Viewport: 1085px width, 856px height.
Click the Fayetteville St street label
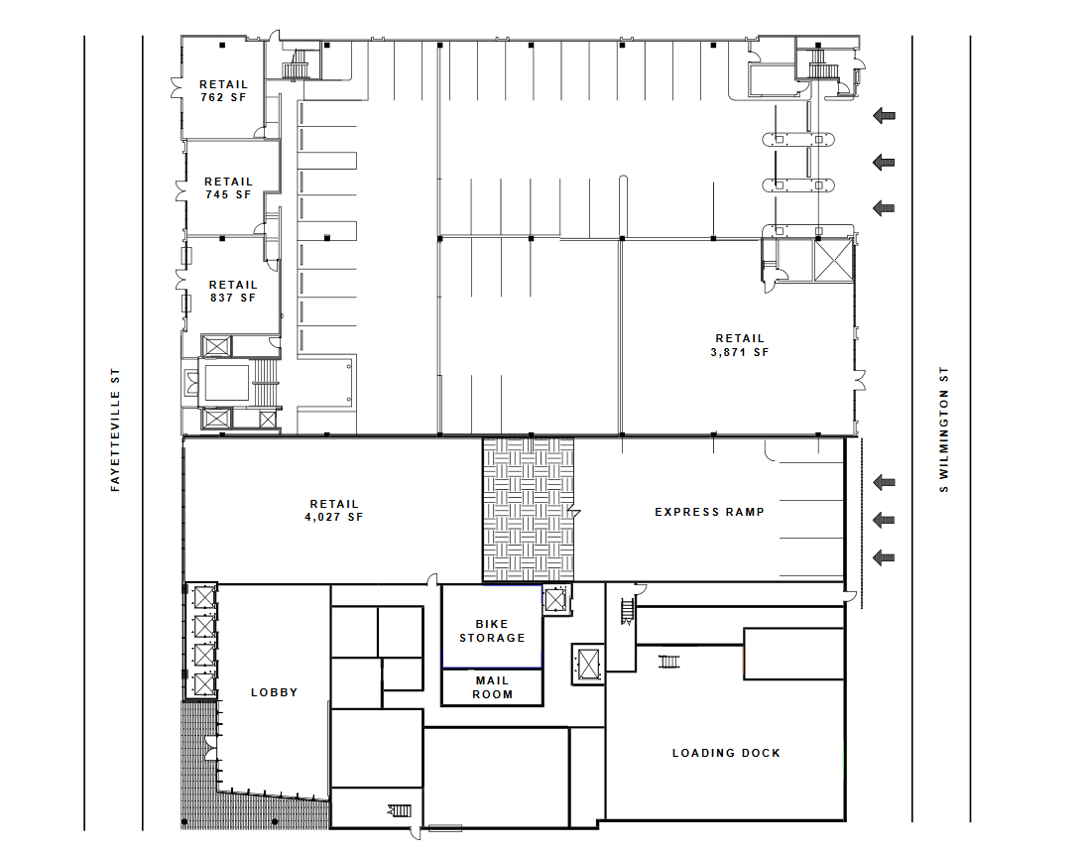click(x=115, y=429)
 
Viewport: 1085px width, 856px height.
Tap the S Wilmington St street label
click(x=944, y=429)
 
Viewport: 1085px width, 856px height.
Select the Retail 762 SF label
click(x=223, y=90)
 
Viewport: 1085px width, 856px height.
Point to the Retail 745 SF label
click(x=228, y=188)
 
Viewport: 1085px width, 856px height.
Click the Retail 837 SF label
click(x=233, y=292)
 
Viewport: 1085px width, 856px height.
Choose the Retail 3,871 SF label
click(x=740, y=345)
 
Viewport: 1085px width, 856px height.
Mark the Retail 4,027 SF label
click(x=334, y=511)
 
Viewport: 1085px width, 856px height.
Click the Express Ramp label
click(x=709, y=512)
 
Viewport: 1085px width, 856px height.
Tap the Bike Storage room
click(x=492, y=627)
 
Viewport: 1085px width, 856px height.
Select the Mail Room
click(x=492, y=687)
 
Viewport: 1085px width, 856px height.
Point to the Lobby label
click(x=274, y=692)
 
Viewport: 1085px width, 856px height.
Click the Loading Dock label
click(x=726, y=753)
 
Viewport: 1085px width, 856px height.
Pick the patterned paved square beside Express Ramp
click(x=529, y=509)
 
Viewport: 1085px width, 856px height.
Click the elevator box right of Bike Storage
click(x=555, y=599)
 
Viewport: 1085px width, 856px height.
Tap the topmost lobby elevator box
click(x=205, y=597)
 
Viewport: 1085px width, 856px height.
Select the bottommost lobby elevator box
click(x=205, y=684)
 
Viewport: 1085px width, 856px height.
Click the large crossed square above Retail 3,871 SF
click(x=834, y=260)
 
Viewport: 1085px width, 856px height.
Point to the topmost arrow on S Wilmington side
click(x=884, y=116)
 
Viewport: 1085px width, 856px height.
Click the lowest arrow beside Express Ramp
click(x=884, y=557)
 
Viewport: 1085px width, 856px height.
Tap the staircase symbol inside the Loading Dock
click(x=668, y=663)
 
